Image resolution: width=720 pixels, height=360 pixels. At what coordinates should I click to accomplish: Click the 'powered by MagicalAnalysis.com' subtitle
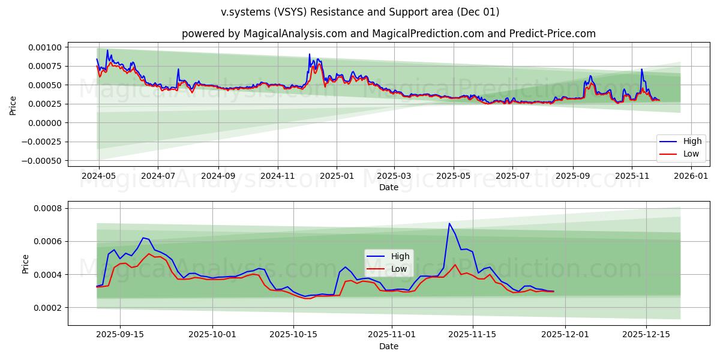[x=389, y=34]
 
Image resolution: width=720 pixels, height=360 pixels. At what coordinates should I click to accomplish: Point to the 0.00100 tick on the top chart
[x=45, y=47]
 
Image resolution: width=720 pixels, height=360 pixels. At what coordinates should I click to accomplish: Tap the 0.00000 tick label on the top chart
[x=45, y=123]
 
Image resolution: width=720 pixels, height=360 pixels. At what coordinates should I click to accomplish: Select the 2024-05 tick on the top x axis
[x=99, y=176]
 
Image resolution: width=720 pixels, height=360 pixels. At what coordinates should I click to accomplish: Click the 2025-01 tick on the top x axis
[x=336, y=176]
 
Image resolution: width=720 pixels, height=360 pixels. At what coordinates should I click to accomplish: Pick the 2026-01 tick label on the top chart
[x=691, y=176]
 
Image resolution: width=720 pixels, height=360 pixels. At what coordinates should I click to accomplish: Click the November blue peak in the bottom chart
[x=449, y=223]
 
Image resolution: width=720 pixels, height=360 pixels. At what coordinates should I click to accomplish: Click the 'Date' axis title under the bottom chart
[x=389, y=346]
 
